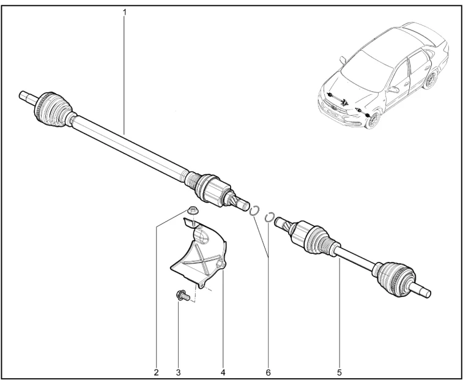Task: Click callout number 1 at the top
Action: click(x=124, y=12)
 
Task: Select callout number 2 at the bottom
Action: click(x=156, y=373)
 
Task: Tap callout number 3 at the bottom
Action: click(x=178, y=373)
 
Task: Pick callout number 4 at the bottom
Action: click(x=223, y=373)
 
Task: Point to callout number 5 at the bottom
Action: click(x=339, y=373)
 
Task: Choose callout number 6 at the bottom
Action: click(x=269, y=373)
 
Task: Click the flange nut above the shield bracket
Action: click(x=192, y=210)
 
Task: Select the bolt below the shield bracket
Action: click(x=182, y=296)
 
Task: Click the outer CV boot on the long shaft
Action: click(x=53, y=110)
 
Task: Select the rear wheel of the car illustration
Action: click(x=431, y=79)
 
